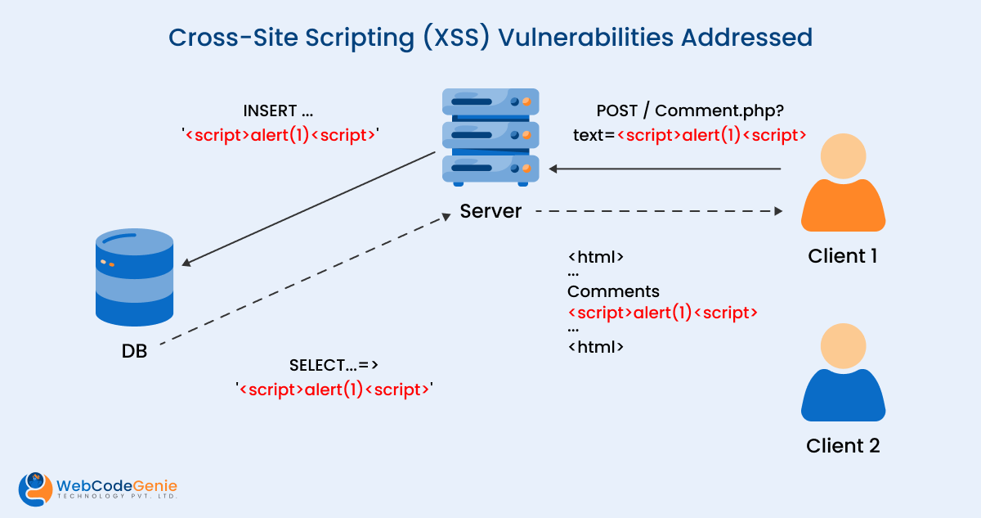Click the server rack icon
click(x=490, y=136)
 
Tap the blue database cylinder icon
click(x=134, y=277)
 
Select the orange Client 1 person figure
click(x=843, y=183)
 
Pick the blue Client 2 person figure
click(x=843, y=372)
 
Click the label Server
click(x=490, y=211)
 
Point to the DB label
click(x=134, y=352)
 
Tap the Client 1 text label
click(x=843, y=256)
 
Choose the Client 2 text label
click(x=843, y=446)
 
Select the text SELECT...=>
click(x=334, y=365)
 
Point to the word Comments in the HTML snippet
click(x=613, y=291)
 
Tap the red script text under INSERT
click(x=280, y=135)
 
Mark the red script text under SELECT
click(x=334, y=390)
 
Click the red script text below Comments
click(x=663, y=313)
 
